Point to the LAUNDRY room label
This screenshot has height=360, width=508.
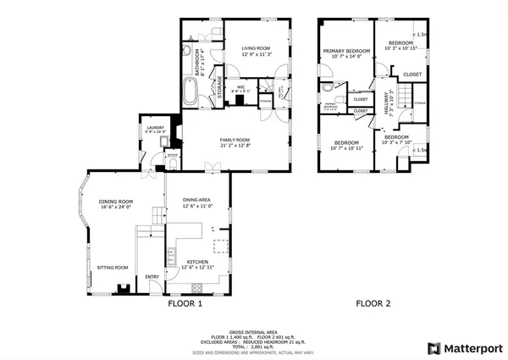[155, 127]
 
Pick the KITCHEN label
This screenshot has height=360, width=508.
[197, 262]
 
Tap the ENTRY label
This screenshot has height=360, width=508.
[152, 276]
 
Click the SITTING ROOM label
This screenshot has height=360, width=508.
[112, 266]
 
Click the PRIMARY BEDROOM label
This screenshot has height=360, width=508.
[346, 52]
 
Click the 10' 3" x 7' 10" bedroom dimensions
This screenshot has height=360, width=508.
[396, 142]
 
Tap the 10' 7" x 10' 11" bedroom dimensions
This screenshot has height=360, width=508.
[347, 148]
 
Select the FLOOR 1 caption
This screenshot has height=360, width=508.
[185, 303]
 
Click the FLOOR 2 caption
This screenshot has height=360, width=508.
[373, 303]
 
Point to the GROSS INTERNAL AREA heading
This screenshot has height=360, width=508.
[253, 331]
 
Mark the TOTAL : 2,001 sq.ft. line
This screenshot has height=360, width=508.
[253, 346]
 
